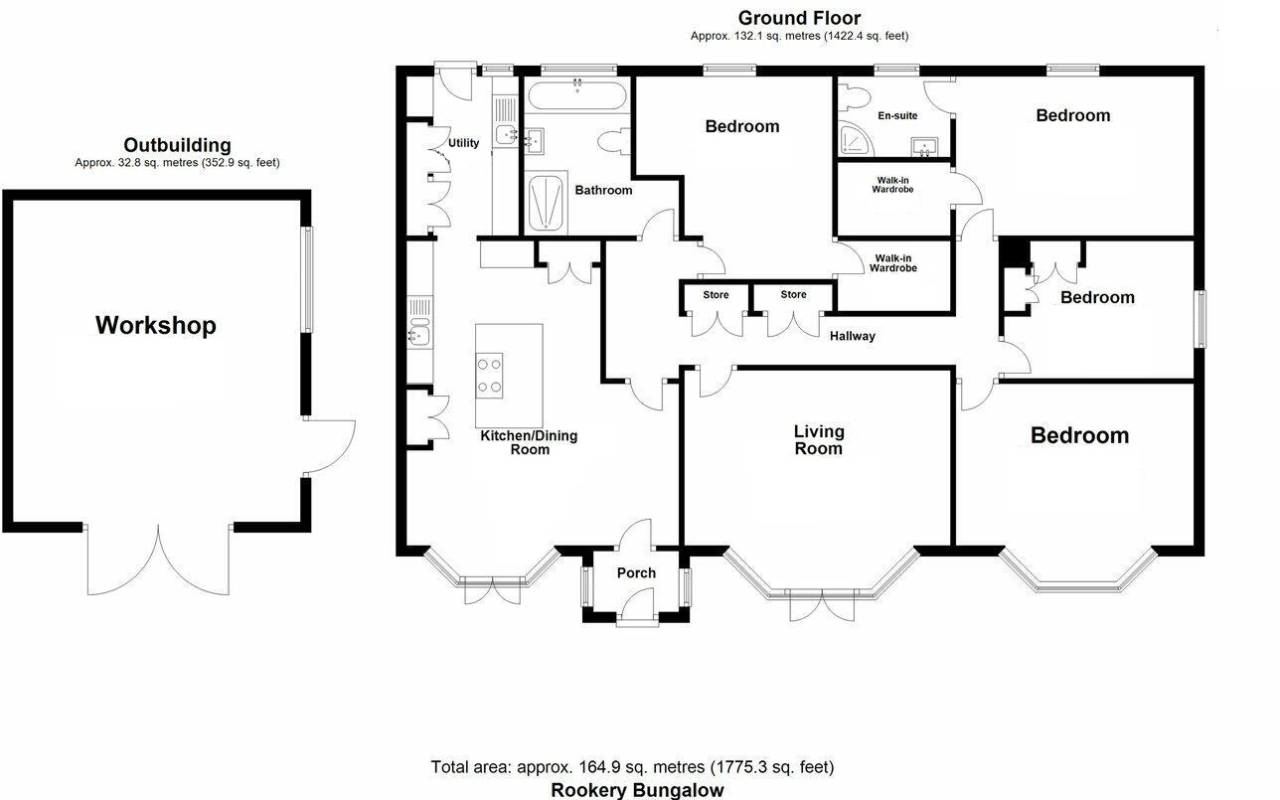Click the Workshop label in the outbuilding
coord(155,325)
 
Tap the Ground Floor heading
coord(799,18)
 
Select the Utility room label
coord(463,143)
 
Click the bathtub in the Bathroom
coord(577,95)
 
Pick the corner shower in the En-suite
coord(856,140)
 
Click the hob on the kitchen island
coord(490,376)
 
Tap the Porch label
coord(636,572)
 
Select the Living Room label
coord(819,440)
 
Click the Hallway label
coord(852,336)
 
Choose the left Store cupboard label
coord(716,295)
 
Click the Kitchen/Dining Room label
coord(529,442)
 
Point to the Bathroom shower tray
coord(546,204)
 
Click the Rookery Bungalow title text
coord(637,790)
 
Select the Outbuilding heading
coord(177,145)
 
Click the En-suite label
coord(897,115)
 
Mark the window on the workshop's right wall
coord(307,279)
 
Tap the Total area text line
coord(632,767)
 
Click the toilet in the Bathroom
coord(612,141)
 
